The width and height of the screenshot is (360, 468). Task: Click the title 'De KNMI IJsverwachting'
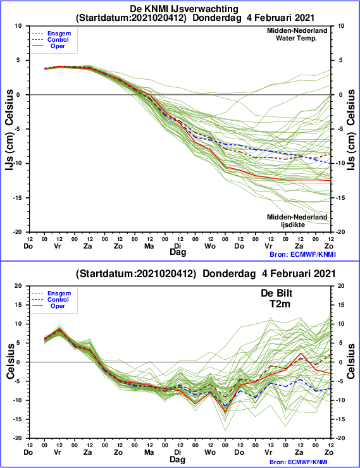point(184,9)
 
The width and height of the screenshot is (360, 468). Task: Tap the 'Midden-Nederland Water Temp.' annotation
point(297,34)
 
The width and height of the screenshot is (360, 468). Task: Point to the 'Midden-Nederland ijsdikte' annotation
point(297,221)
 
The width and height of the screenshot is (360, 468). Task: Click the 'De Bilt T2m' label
point(276,299)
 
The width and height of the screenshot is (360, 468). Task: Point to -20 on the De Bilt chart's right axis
point(340,438)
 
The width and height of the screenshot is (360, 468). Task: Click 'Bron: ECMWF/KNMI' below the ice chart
point(302,254)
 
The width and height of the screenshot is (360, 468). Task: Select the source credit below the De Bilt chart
point(302,462)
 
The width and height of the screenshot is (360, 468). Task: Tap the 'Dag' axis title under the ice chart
point(178,252)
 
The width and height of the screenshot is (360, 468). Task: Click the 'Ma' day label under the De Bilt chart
point(149,452)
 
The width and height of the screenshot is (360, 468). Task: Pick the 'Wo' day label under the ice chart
point(210,246)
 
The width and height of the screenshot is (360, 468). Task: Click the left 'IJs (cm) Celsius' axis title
point(9,130)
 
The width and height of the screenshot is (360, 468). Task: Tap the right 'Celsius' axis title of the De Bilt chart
point(351,362)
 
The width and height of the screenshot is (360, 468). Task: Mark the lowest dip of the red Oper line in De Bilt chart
point(225,412)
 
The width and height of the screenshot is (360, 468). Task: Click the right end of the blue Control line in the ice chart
point(330,163)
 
